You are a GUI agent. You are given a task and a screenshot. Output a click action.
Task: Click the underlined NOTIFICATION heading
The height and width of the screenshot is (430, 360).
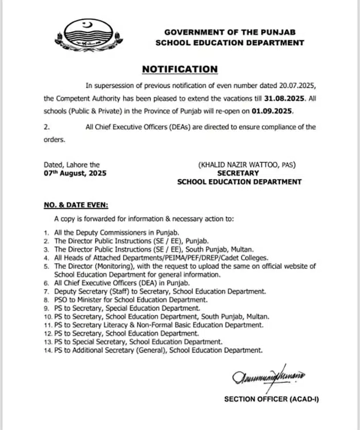coord(179,69)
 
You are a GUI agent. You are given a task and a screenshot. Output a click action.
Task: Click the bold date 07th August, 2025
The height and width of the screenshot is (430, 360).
coord(75,173)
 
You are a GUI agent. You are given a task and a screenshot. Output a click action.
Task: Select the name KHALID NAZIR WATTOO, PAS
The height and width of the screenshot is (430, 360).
coord(247,165)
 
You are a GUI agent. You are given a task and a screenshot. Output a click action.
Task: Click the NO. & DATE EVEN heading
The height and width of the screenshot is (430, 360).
coord(75,205)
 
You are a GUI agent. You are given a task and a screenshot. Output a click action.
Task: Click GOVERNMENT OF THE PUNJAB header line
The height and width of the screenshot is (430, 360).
coord(229,32)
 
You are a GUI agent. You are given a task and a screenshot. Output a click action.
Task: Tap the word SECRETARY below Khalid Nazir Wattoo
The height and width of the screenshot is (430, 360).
coord(238,173)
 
